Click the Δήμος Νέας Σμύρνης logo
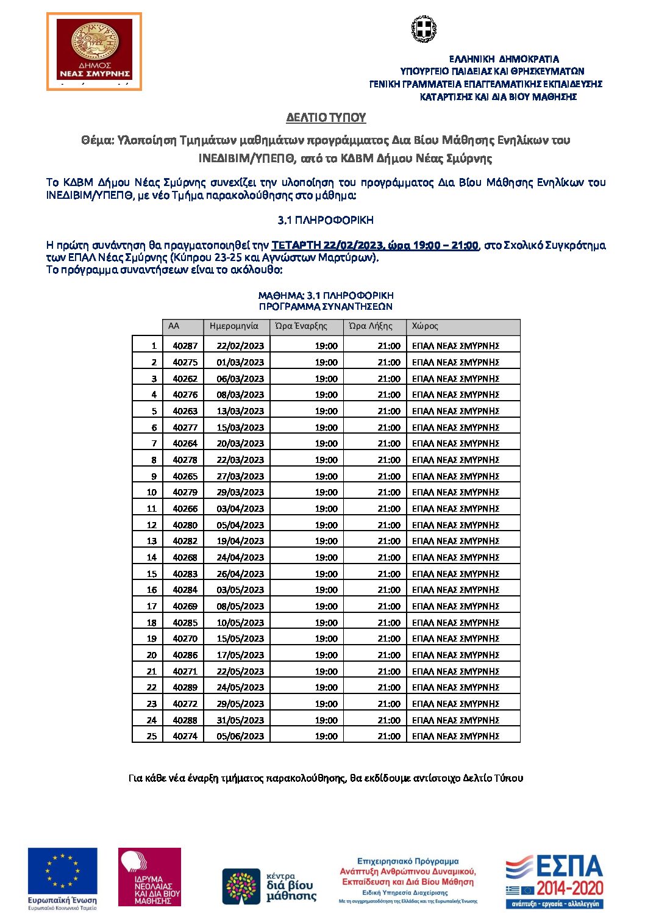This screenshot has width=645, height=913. tap(94, 52)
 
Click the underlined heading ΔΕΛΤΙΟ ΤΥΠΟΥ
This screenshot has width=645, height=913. tap(326, 117)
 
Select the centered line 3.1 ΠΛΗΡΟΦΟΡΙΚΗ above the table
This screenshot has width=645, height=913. tap(326, 220)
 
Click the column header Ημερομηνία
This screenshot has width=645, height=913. tap(234, 326)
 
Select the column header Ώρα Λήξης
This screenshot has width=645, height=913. tap(371, 326)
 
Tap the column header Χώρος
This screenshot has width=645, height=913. tap(425, 326)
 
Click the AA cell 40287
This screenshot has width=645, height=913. tap(185, 346)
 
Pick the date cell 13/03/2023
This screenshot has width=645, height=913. tap(240, 411)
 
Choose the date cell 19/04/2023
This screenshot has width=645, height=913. tap(240, 541)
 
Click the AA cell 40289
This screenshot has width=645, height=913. tap(185, 687)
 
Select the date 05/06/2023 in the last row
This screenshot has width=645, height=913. tap(240, 736)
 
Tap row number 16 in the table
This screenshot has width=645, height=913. tap(152, 590)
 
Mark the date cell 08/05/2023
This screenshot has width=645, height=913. tap(240, 606)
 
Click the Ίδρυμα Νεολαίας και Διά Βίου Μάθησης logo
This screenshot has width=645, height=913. tap(149, 876)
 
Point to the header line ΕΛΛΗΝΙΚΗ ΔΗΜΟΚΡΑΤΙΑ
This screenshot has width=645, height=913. tap(504, 59)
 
